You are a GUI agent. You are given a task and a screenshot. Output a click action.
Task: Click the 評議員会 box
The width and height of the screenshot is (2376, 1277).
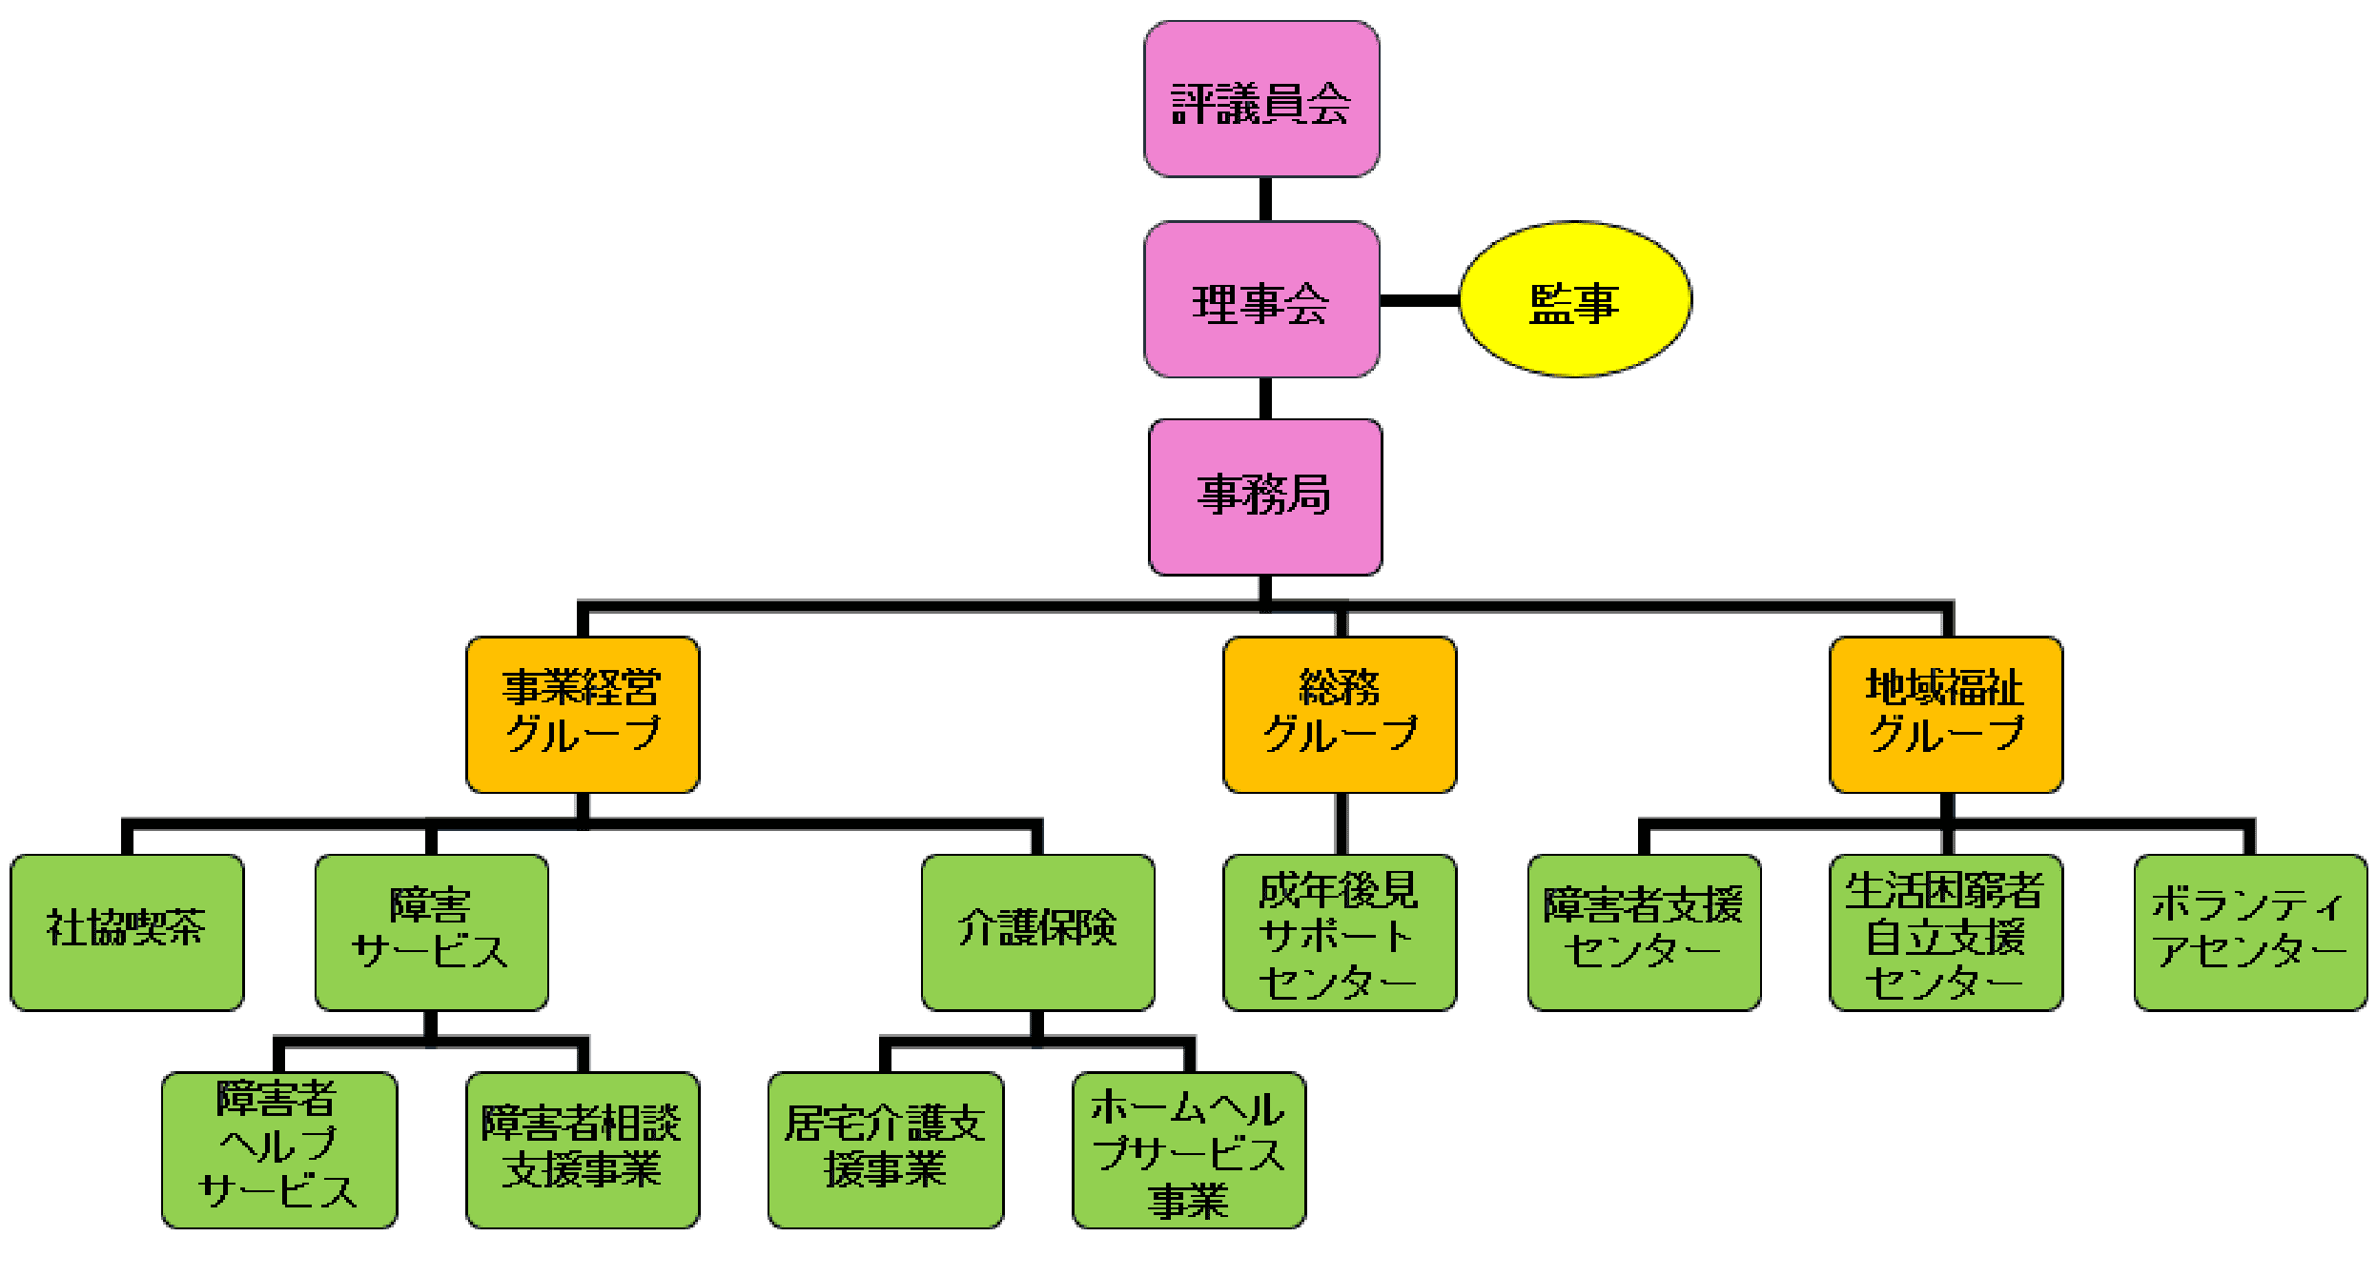click(1261, 100)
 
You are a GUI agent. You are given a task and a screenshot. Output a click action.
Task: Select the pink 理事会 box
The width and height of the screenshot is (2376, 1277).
click(1261, 300)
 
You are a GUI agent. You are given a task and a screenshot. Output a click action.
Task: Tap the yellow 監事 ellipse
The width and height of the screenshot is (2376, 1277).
click(1575, 300)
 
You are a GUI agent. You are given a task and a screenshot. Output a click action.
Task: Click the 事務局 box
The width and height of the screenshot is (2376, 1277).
click(1265, 497)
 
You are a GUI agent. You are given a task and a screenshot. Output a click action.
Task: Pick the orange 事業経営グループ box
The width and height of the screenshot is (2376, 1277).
click(583, 715)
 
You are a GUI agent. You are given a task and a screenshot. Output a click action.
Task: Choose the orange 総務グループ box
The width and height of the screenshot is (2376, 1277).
click(1340, 715)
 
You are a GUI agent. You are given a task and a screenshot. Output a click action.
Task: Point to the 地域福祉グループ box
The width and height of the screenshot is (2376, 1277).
click(1946, 715)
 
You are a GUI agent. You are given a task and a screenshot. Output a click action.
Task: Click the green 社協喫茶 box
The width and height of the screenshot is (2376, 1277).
click(127, 932)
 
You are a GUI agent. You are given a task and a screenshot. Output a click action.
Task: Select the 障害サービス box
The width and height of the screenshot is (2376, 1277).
click(431, 932)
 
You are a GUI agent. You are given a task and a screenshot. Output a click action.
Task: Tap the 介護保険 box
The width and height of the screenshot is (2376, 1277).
click(1037, 932)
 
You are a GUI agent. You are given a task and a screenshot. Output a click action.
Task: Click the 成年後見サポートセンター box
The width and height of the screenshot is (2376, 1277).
click(1340, 932)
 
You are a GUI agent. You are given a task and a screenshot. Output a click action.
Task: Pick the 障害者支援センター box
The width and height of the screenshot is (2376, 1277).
click(1644, 932)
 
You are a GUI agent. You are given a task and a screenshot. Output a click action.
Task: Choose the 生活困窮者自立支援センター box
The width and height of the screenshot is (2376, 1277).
click(1946, 932)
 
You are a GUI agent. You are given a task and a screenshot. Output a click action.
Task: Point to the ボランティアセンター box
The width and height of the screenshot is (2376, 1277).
click(2250, 932)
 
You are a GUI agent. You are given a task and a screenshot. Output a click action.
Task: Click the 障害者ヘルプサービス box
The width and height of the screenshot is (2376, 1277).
click(278, 1150)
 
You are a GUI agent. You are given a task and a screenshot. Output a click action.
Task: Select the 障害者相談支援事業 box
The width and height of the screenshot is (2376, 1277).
click(583, 1150)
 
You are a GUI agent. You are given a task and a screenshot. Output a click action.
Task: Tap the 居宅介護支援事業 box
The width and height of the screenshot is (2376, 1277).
click(885, 1150)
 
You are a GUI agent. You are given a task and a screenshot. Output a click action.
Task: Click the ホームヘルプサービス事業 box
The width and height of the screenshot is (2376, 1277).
click(1189, 1150)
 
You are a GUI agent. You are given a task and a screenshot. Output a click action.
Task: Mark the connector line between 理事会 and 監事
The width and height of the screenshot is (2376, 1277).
click(1420, 300)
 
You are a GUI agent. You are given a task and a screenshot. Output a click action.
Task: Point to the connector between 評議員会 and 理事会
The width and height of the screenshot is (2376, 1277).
click(1265, 199)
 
